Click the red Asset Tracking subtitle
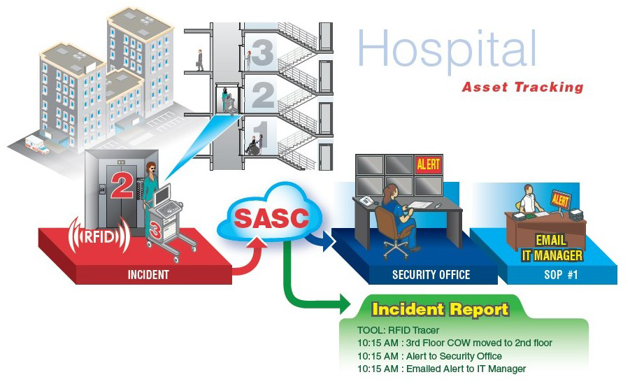click(522, 87)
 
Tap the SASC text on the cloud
click(271, 219)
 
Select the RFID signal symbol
click(98, 235)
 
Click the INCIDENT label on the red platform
click(148, 275)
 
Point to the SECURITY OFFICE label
click(431, 275)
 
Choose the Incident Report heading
click(440, 309)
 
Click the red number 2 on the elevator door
click(122, 186)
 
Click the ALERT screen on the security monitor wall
click(428, 164)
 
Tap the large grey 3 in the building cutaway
click(262, 52)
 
